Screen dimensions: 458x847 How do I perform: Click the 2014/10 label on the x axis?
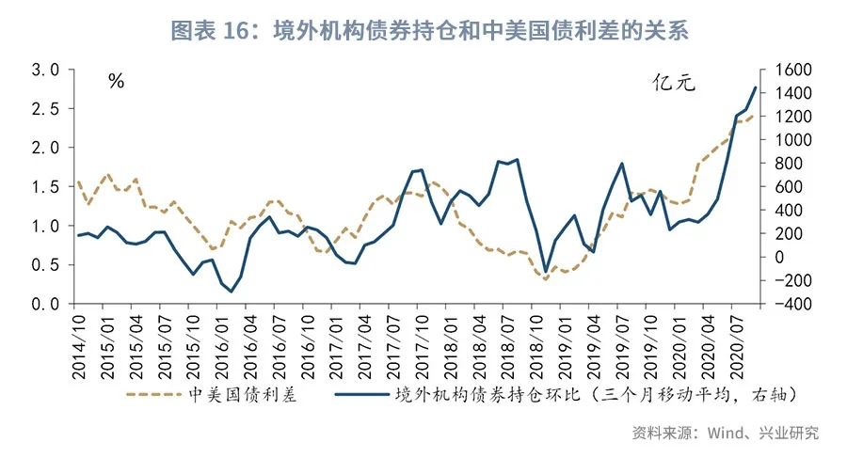(x=79, y=343)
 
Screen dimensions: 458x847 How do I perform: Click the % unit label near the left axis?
(x=116, y=82)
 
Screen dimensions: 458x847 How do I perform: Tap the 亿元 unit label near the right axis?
(x=674, y=83)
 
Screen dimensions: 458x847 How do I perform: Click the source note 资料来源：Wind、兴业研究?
(x=725, y=433)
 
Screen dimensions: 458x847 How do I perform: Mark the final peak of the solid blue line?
(x=756, y=87)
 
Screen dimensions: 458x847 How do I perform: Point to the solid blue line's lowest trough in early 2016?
(x=231, y=292)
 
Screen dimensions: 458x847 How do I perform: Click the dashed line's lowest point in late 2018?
(x=545, y=279)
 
